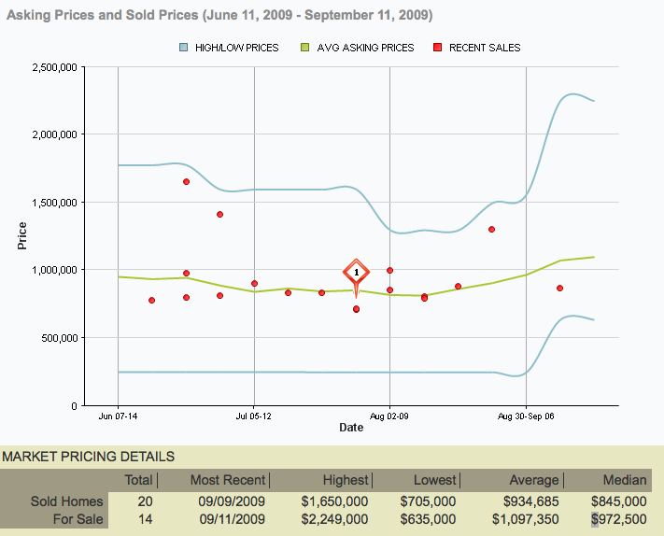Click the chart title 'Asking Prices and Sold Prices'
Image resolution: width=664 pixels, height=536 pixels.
219,16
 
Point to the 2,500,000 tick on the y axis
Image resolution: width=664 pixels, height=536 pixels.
58,67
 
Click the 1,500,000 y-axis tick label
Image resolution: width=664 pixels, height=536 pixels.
58,203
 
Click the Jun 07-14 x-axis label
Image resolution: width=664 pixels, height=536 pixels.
118,417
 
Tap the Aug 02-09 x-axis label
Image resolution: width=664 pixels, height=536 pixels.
389,417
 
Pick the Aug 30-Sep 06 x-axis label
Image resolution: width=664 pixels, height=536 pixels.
526,417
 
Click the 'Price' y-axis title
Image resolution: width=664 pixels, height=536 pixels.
22,235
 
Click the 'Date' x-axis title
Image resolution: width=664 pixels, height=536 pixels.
351,428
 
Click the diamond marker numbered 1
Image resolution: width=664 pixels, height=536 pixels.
356,274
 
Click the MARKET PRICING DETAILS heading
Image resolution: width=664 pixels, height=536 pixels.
88,457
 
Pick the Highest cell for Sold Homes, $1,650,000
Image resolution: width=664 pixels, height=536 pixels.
332,501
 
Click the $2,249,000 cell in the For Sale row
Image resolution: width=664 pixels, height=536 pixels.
332,518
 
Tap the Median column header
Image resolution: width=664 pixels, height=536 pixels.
625,480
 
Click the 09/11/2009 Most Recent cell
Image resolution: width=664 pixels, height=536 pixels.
233,518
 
